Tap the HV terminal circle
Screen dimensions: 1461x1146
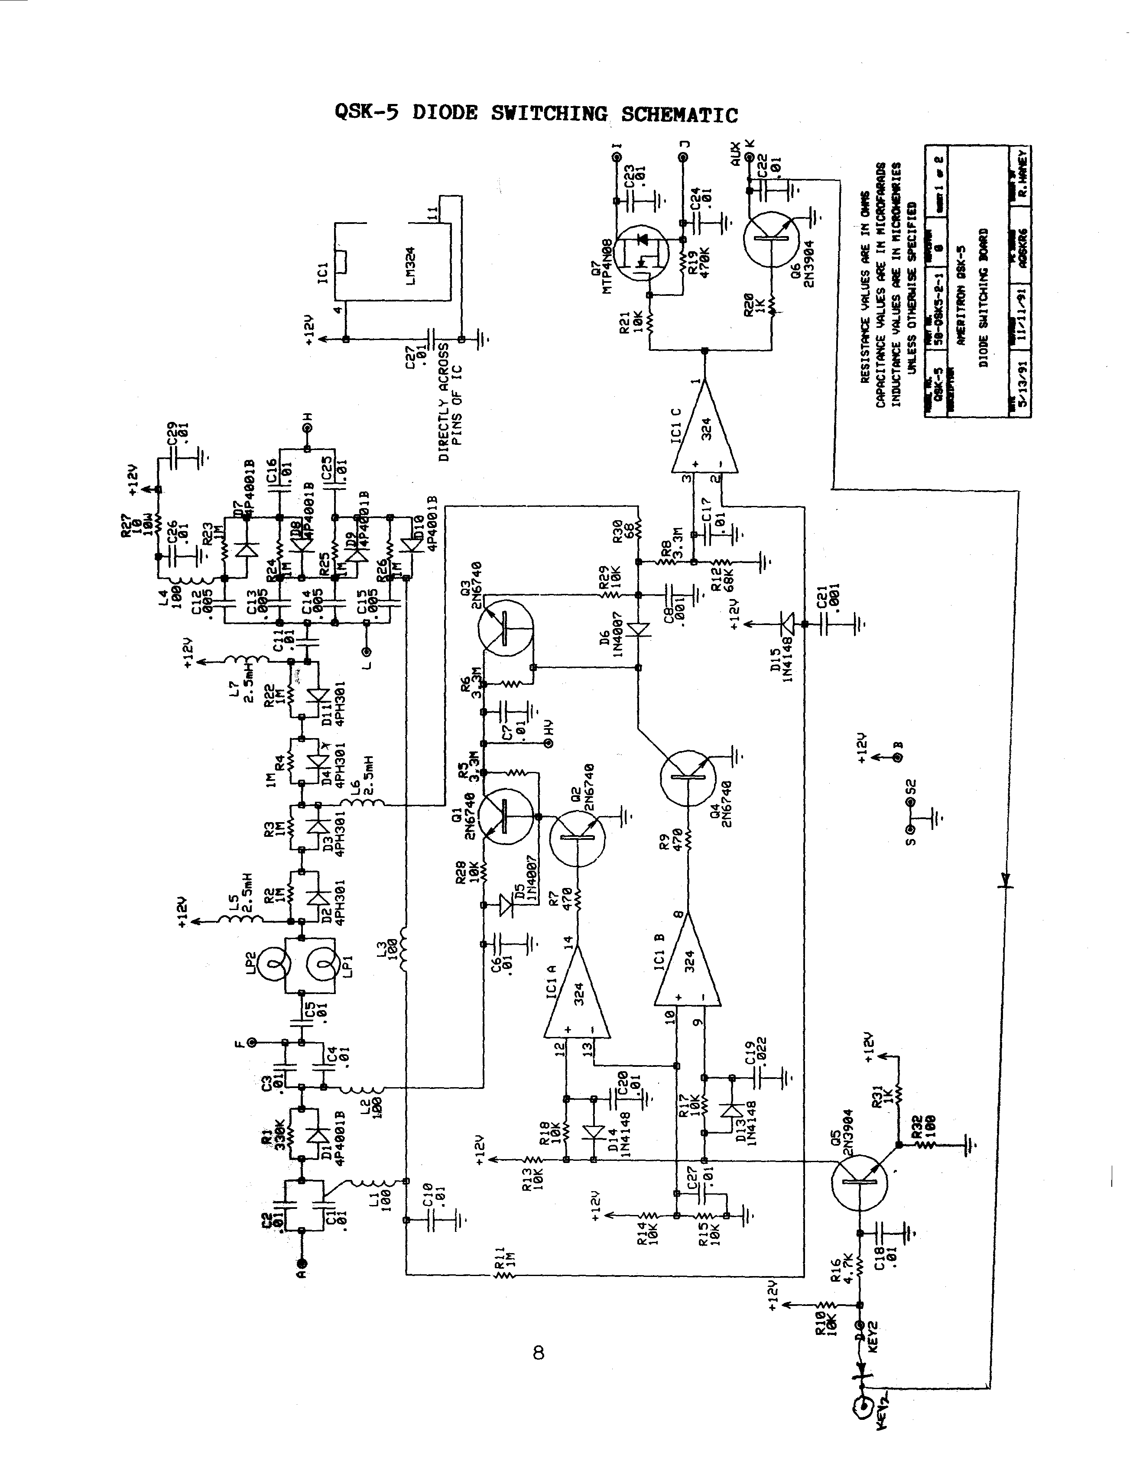click(x=549, y=744)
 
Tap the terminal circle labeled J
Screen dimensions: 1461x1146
click(x=682, y=157)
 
